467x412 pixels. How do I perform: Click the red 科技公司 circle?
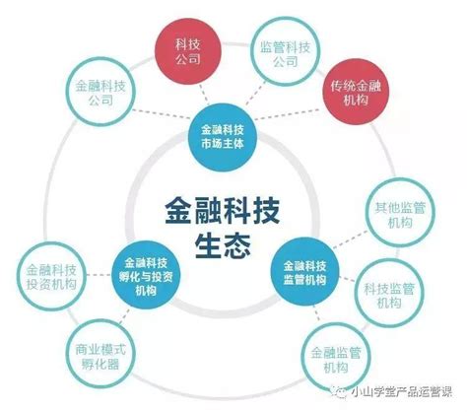(x=188, y=51)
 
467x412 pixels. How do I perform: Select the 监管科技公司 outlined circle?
(x=285, y=51)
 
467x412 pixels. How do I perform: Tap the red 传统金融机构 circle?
(x=355, y=92)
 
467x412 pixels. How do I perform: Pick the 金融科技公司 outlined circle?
(x=100, y=92)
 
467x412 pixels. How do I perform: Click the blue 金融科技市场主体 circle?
(x=223, y=137)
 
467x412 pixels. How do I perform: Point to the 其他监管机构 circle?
(x=400, y=214)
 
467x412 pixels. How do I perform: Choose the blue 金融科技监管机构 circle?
(x=305, y=272)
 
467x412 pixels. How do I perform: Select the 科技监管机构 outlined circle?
(x=389, y=294)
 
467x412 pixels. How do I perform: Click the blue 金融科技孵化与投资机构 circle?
(x=146, y=275)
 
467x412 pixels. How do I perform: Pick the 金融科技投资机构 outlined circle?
(x=51, y=276)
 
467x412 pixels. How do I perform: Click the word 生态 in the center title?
(x=223, y=245)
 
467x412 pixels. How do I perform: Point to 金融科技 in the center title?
(x=223, y=211)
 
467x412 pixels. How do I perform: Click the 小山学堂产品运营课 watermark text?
(x=402, y=391)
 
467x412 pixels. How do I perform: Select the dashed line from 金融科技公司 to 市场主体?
(x=161, y=114)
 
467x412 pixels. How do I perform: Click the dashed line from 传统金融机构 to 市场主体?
(x=288, y=114)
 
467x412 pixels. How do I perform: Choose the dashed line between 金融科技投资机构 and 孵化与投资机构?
(x=99, y=275)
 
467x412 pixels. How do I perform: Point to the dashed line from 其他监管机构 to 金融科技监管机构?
(x=351, y=240)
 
